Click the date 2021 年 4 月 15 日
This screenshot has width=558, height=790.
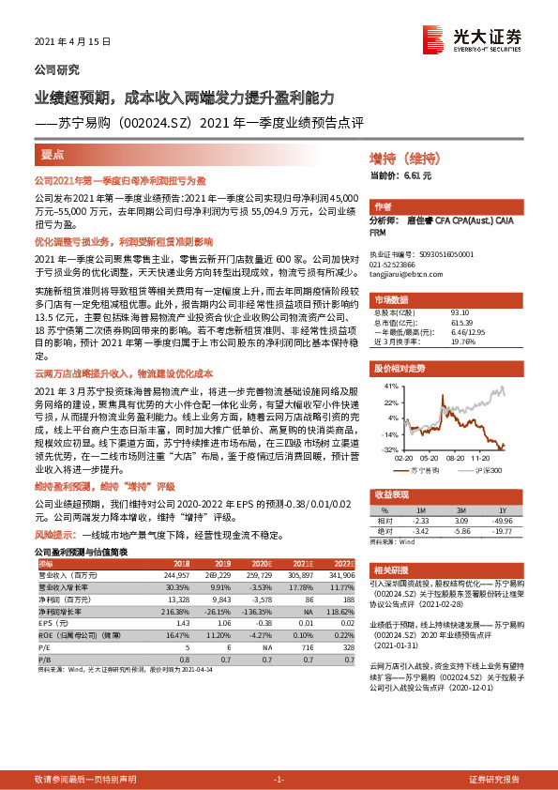(x=73, y=43)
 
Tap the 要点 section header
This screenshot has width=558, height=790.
(x=53, y=155)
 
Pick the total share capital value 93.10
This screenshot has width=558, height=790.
(x=460, y=312)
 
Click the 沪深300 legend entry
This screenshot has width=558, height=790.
(x=489, y=469)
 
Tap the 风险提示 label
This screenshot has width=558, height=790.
(x=55, y=533)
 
